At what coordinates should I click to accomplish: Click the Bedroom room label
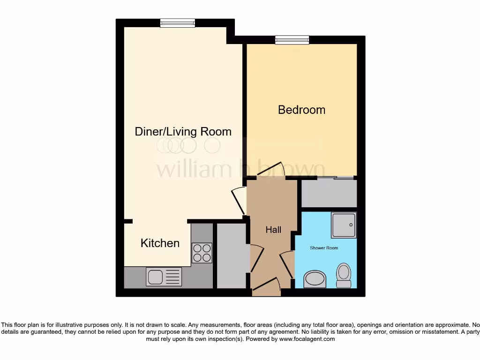pyautogui.click(x=301, y=110)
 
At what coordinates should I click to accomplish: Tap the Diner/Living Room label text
pyautogui.click(x=183, y=131)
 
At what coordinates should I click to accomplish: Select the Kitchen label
pyautogui.click(x=160, y=243)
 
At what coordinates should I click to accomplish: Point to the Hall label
pyautogui.click(x=273, y=230)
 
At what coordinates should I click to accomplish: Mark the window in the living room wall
pyautogui.click(x=177, y=23)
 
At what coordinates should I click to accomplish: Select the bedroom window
pyautogui.click(x=292, y=40)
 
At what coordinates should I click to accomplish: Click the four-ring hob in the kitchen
pyautogui.click(x=202, y=253)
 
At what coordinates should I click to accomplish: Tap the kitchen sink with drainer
pyautogui.click(x=163, y=276)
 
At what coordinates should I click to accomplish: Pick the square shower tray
pyautogui.click(x=344, y=225)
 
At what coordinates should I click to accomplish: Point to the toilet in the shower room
pyautogui.click(x=344, y=275)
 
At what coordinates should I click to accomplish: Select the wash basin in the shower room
pyautogui.click(x=314, y=280)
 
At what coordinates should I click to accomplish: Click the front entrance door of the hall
pyautogui.click(x=266, y=286)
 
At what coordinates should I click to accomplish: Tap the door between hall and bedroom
pyautogui.click(x=271, y=170)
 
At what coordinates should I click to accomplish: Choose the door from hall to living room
pyautogui.click(x=240, y=200)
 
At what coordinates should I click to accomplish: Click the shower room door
pyautogui.click(x=287, y=264)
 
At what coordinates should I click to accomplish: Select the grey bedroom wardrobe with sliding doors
pyautogui.click(x=329, y=192)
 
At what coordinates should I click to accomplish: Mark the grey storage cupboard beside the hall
pyautogui.click(x=232, y=255)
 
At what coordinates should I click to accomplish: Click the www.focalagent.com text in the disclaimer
pyautogui.click(x=307, y=339)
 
